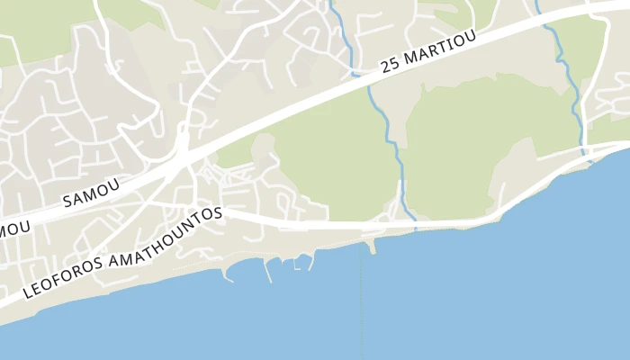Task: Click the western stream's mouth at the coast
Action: (x=412, y=221)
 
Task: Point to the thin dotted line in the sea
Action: (x=362, y=306)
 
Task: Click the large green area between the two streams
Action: (x=486, y=135)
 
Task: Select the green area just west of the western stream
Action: (x=333, y=162)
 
